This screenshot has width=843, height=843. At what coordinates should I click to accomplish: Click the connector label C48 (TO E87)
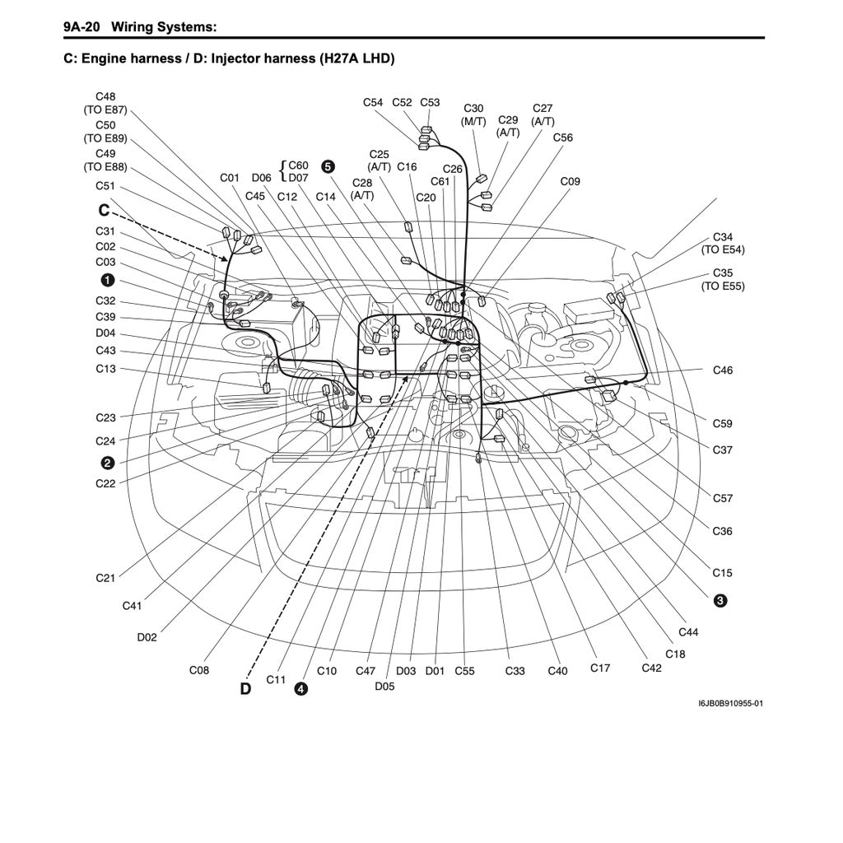(x=105, y=102)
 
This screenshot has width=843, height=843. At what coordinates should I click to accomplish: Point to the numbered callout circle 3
(x=720, y=601)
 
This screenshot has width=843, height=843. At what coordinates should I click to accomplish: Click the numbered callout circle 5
(x=328, y=165)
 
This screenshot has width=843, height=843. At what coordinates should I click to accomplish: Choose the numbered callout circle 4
(x=301, y=688)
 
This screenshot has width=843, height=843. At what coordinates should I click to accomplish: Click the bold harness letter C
(x=105, y=211)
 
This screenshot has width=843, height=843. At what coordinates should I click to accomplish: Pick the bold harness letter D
(x=245, y=688)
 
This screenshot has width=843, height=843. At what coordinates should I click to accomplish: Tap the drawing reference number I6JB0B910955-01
(x=730, y=704)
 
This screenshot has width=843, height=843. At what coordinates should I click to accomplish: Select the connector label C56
(x=562, y=137)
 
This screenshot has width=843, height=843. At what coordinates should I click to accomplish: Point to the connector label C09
(x=570, y=181)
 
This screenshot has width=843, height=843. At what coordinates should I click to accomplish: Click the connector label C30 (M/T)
(x=473, y=114)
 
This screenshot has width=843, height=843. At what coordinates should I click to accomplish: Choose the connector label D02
(x=147, y=637)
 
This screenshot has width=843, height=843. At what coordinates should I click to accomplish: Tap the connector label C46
(x=722, y=370)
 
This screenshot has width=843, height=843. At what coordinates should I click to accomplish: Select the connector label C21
(x=105, y=578)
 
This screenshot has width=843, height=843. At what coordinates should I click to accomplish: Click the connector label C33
(x=515, y=671)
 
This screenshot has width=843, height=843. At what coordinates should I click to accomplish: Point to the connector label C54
(x=373, y=103)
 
